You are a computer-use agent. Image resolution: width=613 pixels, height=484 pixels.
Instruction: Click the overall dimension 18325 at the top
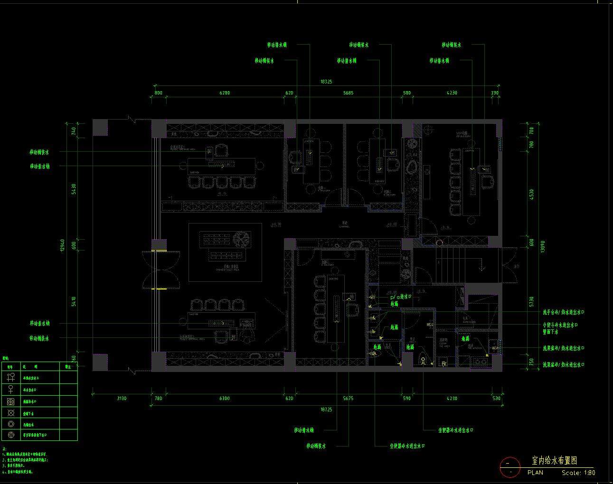click(x=326, y=82)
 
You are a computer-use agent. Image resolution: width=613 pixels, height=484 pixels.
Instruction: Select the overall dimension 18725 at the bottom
click(x=326, y=409)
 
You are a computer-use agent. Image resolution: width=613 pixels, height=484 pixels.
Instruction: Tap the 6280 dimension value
click(x=224, y=93)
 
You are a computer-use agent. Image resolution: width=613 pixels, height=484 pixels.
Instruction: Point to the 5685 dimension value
click(x=348, y=93)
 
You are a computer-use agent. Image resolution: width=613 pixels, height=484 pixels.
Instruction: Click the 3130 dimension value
click(x=122, y=399)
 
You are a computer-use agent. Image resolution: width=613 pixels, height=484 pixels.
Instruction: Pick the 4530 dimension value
click(x=531, y=195)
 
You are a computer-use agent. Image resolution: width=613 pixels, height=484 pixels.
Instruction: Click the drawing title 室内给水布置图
click(x=554, y=461)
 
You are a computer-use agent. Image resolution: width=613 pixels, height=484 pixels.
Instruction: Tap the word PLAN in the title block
click(x=535, y=473)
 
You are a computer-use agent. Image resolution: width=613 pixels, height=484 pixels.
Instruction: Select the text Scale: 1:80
click(x=578, y=473)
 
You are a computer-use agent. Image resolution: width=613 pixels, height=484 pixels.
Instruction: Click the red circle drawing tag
click(x=509, y=467)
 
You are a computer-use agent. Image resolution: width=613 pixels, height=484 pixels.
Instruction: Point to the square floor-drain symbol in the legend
click(x=11, y=401)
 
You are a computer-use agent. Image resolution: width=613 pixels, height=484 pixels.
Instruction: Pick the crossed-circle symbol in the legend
click(x=11, y=413)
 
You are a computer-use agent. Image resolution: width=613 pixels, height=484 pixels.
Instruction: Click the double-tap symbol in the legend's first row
click(x=11, y=378)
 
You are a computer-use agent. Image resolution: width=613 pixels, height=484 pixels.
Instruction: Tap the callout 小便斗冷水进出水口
click(x=564, y=326)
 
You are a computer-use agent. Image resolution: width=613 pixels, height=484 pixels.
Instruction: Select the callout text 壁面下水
click(x=550, y=332)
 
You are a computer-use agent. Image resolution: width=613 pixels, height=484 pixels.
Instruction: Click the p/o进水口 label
click(x=400, y=297)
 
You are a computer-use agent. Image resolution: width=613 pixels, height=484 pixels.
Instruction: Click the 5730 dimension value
click(x=531, y=302)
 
